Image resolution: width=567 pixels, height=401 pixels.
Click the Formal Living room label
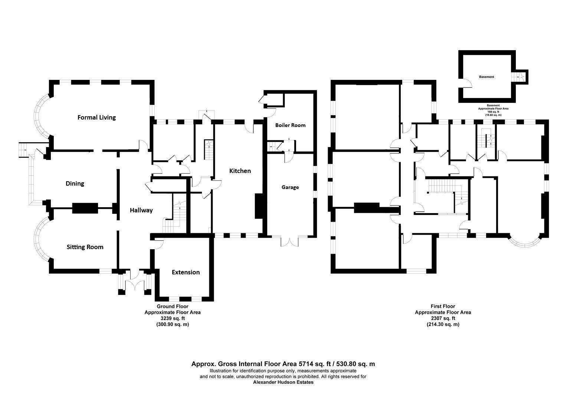pos(96,117)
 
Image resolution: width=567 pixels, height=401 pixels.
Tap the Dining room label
pos(75,183)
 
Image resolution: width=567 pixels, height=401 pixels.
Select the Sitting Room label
pos(85,247)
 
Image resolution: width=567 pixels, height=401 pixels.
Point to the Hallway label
pos(141,210)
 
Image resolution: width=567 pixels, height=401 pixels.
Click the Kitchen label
pos(240,171)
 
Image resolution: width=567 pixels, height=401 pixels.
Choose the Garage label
pos(290,187)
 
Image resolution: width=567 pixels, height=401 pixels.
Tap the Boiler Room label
pos(290,125)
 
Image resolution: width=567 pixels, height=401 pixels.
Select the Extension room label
pos(186,272)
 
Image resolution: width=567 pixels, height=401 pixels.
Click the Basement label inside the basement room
pos(486,77)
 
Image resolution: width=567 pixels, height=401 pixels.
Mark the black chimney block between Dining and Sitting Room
pos(85,208)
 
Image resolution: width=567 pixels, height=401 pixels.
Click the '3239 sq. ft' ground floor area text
pos(173,318)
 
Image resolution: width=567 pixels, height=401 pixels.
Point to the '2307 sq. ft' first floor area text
pos(443,318)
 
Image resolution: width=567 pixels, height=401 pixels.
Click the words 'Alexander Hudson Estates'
pos(283,382)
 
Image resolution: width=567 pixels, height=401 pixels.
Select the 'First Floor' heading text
pos(443,306)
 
